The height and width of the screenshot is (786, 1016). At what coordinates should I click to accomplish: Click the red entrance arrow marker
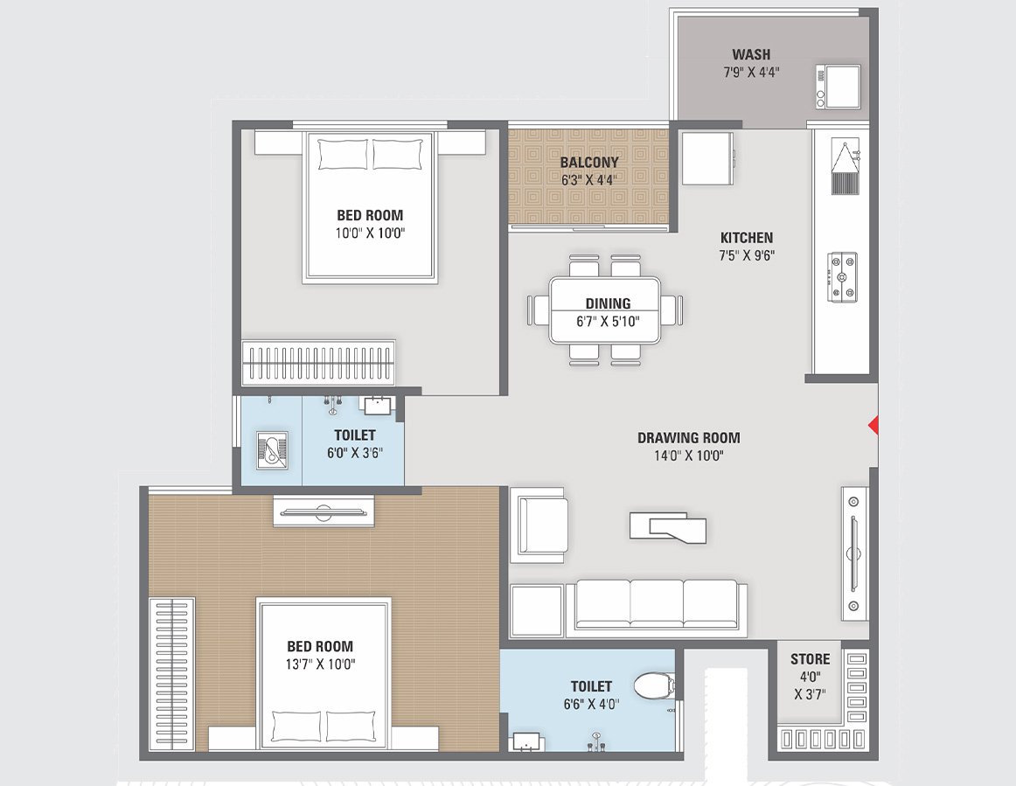872,425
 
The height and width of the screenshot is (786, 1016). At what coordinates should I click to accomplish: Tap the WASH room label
751,54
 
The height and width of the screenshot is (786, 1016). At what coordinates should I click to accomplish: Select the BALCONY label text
588,162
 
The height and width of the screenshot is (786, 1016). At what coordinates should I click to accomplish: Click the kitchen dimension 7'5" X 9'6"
746,255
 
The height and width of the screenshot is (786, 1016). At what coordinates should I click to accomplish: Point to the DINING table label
608,303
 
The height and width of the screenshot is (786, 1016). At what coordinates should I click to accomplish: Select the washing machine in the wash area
838,86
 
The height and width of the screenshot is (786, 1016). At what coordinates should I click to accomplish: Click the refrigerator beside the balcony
706,157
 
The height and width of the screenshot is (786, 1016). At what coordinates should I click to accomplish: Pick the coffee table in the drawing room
667,526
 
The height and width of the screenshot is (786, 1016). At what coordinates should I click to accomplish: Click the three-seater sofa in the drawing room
656,605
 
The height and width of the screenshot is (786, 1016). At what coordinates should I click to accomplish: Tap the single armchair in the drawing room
541,524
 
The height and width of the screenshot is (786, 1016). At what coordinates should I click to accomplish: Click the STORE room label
810,658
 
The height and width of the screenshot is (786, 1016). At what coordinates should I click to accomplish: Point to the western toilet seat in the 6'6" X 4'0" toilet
651,686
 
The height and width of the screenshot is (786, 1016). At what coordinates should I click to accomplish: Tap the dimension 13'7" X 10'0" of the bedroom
321,664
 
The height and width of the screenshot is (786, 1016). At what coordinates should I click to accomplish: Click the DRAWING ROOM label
688,437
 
